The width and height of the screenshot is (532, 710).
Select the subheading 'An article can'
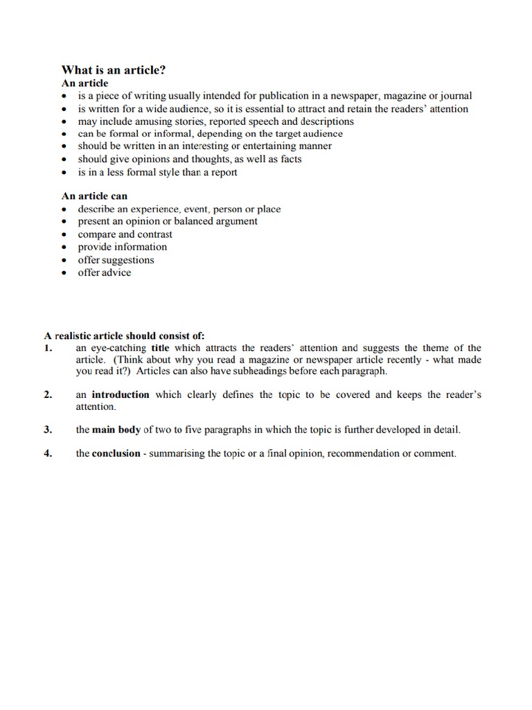(x=94, y=196)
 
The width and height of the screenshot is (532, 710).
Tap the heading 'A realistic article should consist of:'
(x=125, y=336)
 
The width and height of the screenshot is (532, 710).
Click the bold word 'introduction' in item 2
(x=121, y=395)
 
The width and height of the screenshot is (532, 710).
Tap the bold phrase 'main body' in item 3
(x=116, y=430)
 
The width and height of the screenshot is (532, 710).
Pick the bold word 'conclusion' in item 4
(x=116, y=453)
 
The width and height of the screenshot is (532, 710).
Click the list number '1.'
(x=48, y=348)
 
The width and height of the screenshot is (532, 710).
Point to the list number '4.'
(x=48, y=453)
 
